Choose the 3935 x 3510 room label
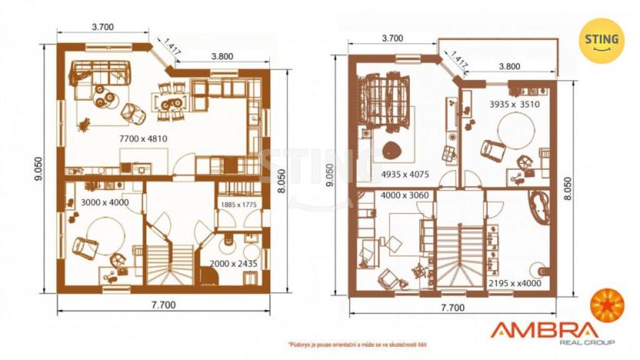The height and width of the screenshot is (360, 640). (x=514, y=104)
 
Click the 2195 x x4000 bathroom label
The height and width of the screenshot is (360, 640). (x=515, y=283)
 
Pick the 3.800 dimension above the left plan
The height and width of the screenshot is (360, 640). (x=222, y=56)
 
